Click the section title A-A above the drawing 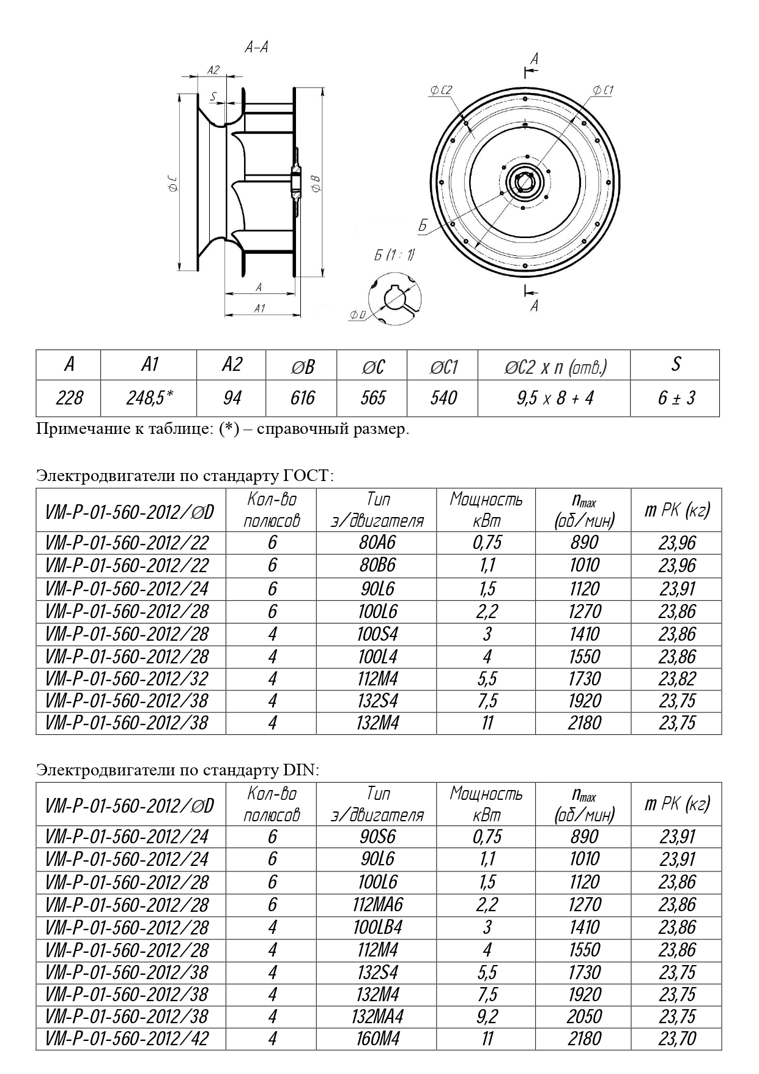(x=256, y=48)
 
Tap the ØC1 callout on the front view (x=603, y=91)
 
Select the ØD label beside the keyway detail (x=358, y=315)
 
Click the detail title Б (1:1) (x=394, y=255)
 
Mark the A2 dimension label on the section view (x=213, y=70)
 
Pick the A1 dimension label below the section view (x=259, y=308)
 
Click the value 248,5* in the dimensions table (x=149, y=398)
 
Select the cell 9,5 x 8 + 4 (x=554, y=398)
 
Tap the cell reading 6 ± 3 (x=676, y=398)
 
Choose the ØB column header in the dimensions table (x=302, y=366)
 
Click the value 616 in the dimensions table (x=302, y=398)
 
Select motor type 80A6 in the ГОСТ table (x=377, y=543)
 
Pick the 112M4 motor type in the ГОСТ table (x=377, y=679)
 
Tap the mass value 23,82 (x=677, y=679)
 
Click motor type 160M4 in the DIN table (x=377, y=1039)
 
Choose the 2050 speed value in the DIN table (x=584, y=1016)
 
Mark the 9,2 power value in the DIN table (x=487, y=1016)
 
